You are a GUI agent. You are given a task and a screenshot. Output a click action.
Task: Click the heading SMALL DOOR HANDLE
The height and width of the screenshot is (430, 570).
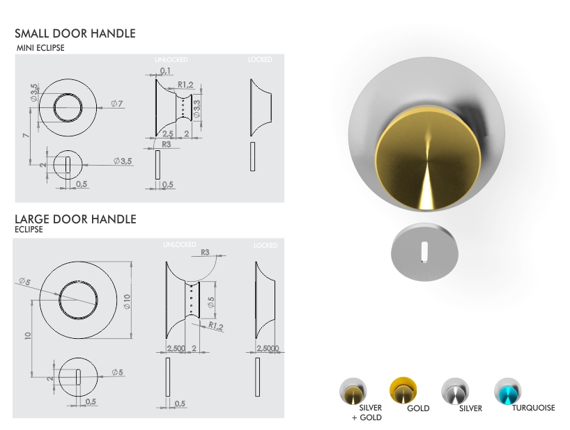[75, 33]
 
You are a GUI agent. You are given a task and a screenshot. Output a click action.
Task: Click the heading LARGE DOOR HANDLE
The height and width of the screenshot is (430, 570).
[75, 219]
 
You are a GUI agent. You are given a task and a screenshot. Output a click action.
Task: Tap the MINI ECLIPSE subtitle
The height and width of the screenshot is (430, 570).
[40, 48]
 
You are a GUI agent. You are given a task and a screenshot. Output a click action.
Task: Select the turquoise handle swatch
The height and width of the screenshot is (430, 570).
[508, 392]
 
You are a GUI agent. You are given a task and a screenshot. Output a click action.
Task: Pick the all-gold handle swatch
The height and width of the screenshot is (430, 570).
[403, 391]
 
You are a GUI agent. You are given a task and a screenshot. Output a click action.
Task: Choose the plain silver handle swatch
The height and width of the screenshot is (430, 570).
[454, 392]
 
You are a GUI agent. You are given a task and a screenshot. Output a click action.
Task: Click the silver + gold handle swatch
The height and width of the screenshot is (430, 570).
[353, 392]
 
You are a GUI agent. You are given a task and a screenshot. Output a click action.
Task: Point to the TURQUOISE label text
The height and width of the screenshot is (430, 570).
[533, 408]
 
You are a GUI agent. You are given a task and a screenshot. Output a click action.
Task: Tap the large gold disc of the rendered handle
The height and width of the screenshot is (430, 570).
[422, 161]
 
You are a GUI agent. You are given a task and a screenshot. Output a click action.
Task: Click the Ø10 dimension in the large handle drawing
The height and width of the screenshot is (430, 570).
[127, 301]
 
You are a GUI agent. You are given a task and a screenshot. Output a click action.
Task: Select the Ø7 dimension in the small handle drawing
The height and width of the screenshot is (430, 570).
[116, 104]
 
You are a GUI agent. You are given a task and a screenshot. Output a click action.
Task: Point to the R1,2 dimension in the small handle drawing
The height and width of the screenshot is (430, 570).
[185, 85]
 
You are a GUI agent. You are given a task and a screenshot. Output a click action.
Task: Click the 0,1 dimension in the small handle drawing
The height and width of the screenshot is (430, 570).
[167, 71]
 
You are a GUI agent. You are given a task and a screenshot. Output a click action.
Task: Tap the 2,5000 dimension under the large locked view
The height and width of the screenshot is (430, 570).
[268, 348]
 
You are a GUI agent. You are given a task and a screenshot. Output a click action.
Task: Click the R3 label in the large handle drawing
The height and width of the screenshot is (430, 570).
[206, 253]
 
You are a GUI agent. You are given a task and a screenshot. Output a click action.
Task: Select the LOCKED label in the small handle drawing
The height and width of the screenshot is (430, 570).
[259, 61]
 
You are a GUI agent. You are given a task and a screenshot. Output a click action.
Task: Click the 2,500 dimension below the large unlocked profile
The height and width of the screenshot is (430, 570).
[175, 348]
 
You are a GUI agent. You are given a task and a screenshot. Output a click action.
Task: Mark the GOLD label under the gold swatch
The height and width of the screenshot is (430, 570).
[418, 408]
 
